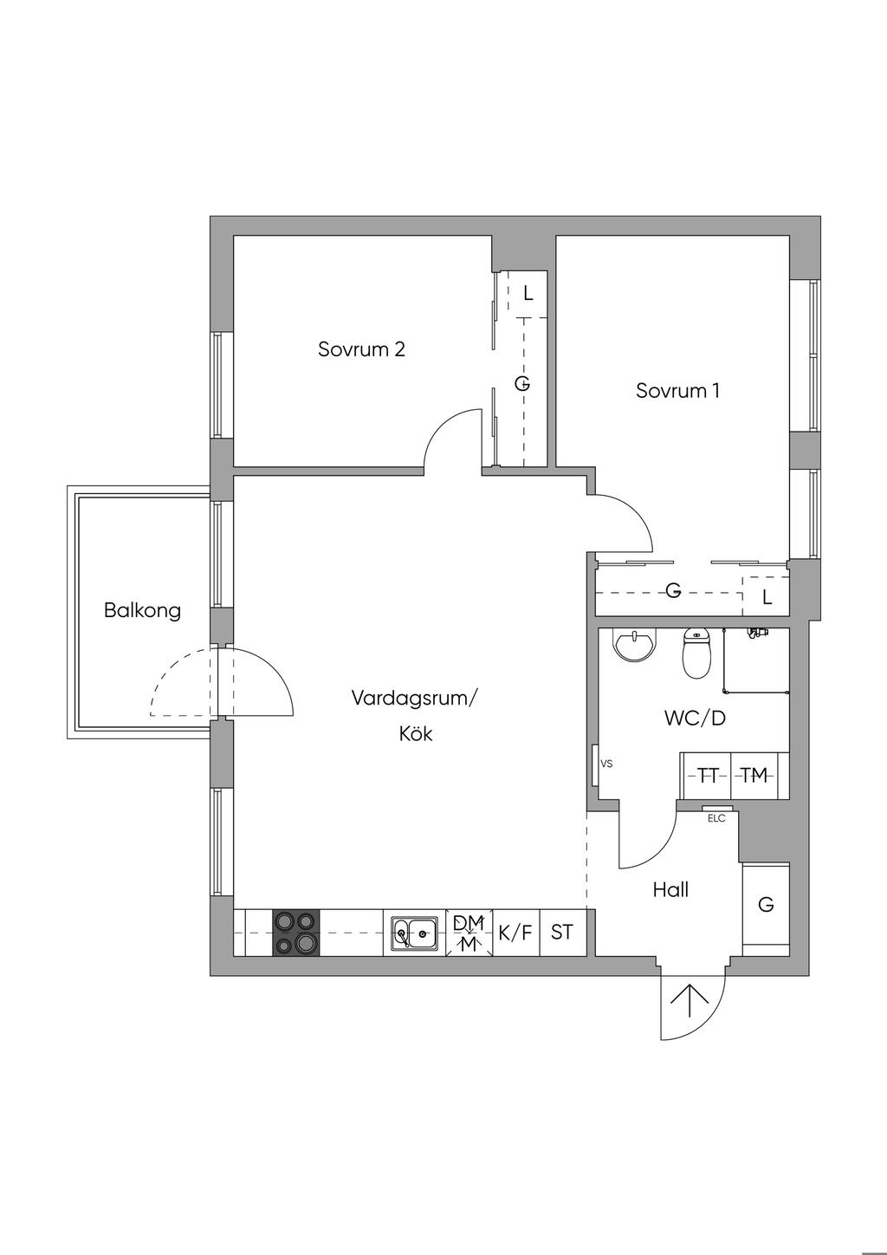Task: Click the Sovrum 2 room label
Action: pyautogui.click(x=361, y=350)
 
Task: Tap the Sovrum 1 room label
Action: pyautogui.click(x=677, y=391)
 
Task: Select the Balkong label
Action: pyautogui.click(x=142, y=610)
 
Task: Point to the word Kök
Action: pyautogui.click(x=415, y=734)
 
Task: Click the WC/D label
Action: pyautogui.click(x=695, y=719)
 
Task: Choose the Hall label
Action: pyautogui.click(x=670, y=889)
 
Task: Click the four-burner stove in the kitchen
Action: pyautogui.click(x=296, y=933)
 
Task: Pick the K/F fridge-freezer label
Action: pyautogui.click(x=515, y=933)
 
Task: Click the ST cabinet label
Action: pyautogui.click(x=562, y=933)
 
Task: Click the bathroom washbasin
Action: pyautogui.click(x=635, y=644)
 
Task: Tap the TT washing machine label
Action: pyautogui.click(x=708, y=776)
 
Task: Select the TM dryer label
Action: pyautogui.click(x=754, y=776)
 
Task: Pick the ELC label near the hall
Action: pyautogui.click(x=716, y=818)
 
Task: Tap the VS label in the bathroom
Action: pyautogui.click(x=606, y=764)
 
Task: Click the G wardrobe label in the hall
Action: pyautogui.click(x=766, y=905)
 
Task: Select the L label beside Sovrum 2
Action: pyautogui.click(x=528, y=294)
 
